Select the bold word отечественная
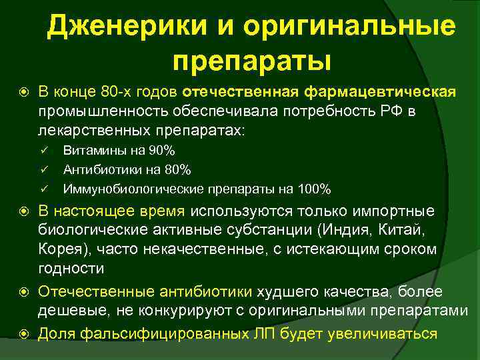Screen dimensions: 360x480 click(242, 91)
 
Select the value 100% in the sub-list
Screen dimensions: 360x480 click(315, 189)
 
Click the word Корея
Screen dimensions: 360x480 click(57, 249)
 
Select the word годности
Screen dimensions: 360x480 click(71, 269)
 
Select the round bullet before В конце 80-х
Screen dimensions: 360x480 click(25, 91)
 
